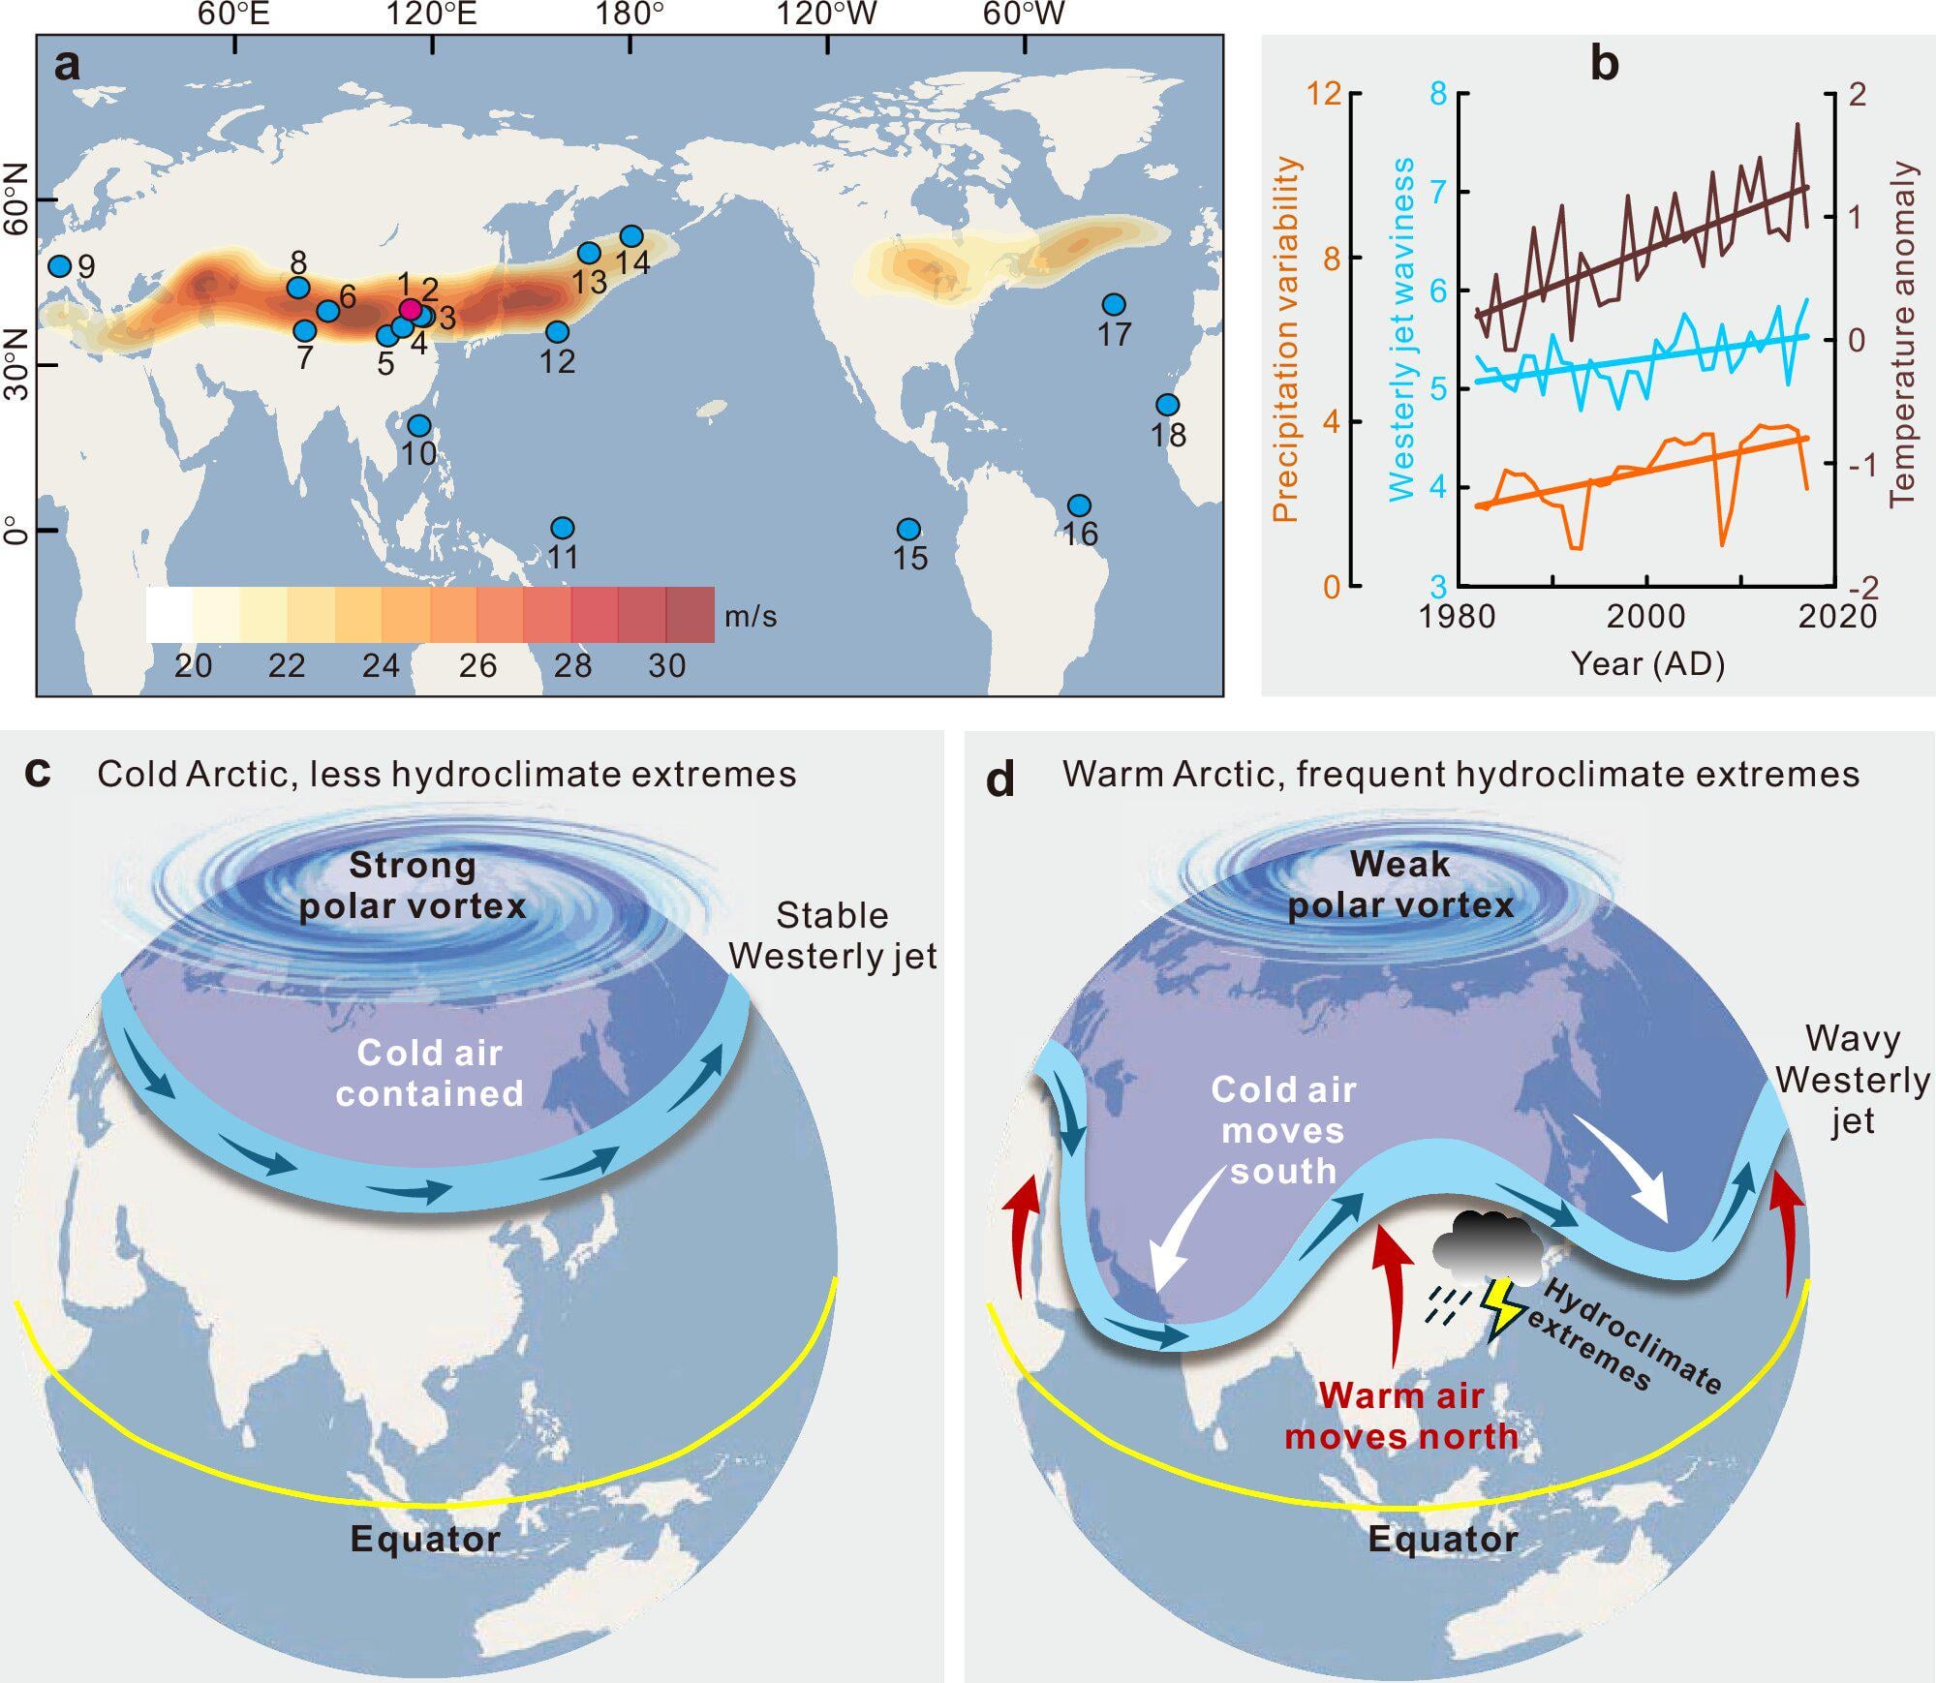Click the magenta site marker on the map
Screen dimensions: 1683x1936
point(411,310)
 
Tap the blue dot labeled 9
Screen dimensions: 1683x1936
point(60,266)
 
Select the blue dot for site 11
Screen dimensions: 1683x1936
point(563,528)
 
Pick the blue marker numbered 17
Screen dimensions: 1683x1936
point(1115,305)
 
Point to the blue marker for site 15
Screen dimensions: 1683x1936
point(908,530)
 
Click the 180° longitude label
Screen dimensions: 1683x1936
point(630,15)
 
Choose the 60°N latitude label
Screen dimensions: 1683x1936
point(15,200)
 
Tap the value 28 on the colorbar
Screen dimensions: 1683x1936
point(572,665)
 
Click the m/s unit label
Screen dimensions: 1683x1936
point(751,617)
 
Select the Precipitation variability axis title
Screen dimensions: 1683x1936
point(1285,339)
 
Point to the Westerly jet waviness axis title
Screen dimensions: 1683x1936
point(1401,329)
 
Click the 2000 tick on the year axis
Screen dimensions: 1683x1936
point(1646,616)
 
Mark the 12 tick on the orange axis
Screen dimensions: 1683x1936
point(1324,94)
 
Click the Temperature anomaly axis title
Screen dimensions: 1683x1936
point(1903,334)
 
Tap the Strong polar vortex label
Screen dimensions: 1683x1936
point(413,885)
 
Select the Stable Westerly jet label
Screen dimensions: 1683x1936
point(833,935)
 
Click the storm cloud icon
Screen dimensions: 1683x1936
point(1487,1242)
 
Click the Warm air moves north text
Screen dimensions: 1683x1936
point(1401,1416)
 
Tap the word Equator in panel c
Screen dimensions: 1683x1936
point(425,1539)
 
